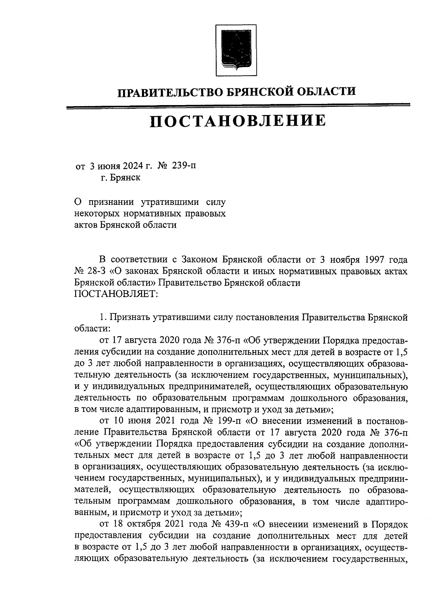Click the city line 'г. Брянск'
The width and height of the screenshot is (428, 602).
point(120,178)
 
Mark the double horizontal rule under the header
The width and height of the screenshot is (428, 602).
point(238,106)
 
